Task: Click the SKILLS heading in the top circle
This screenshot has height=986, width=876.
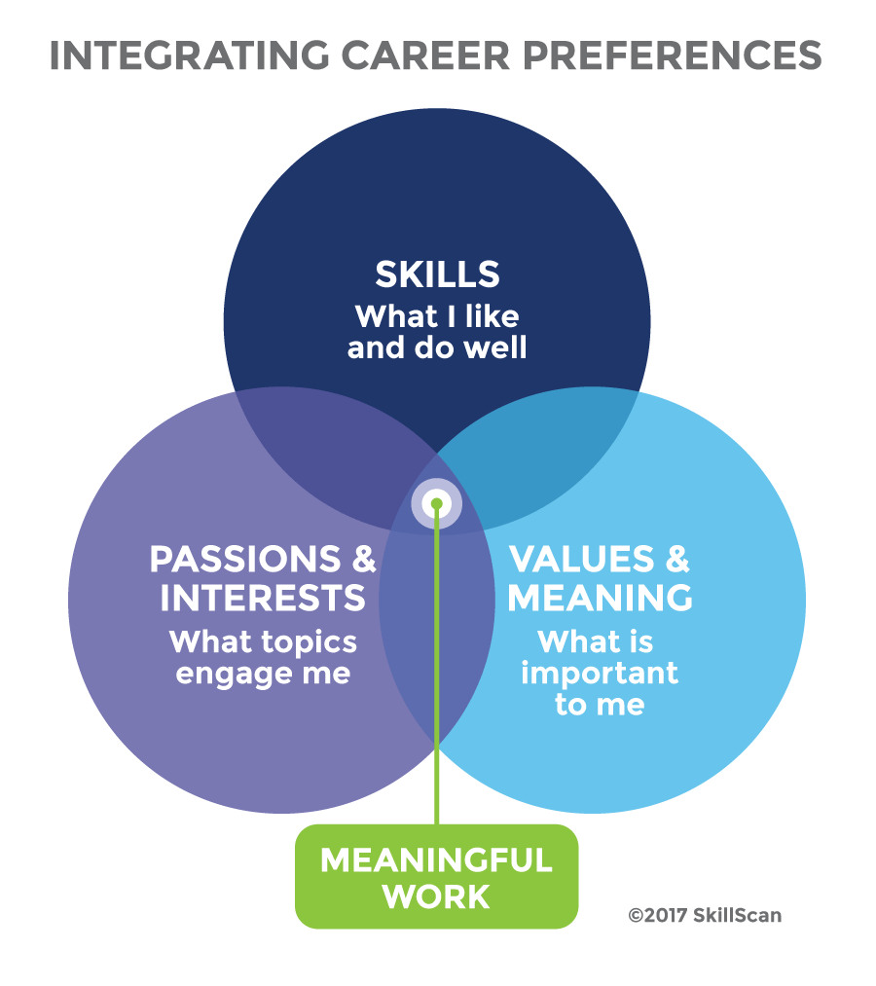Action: (437, 274)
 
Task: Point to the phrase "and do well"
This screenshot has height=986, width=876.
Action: (437, 347)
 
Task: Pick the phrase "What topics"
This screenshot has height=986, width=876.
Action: (263, 642)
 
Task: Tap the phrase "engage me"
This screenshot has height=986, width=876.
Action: (263, 674)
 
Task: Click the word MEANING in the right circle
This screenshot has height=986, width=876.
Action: (600, 598)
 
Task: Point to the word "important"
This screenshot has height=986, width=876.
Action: (600, 674)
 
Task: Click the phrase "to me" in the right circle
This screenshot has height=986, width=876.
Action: (600, 705)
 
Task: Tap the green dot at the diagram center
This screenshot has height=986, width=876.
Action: (437, 503)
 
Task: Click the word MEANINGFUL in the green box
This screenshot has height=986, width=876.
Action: (436, 860)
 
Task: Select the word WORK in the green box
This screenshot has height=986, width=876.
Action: (436, 896)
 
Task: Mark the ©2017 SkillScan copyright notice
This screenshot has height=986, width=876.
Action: (705, 915)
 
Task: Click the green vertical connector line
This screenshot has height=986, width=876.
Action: (437, 681)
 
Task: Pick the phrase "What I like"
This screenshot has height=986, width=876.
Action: (437, 316)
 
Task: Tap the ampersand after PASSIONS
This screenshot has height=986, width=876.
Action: (360, 559)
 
